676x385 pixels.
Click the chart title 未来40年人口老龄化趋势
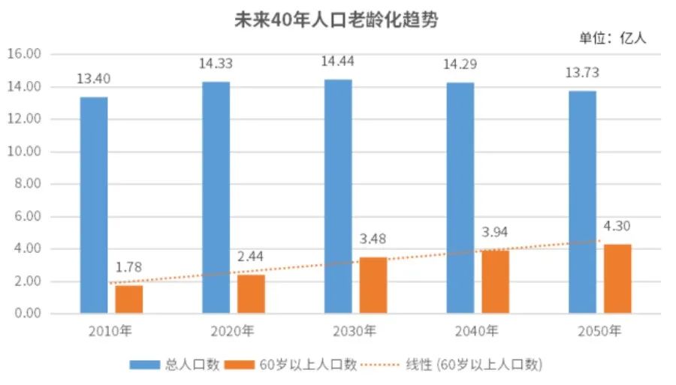pyautogui.click(x=336, y=20)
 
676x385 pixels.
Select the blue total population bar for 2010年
pyautogui.click(x=94, y=204)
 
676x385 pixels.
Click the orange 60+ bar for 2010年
pyautogui.click(x=128, y=299)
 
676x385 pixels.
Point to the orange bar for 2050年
pyautogui.click(x=617, y=278)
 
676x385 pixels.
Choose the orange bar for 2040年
pyautogui.click(x=496, y=281)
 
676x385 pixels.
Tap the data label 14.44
pyautogui.click(x=338, y=62)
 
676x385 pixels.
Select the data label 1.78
pyautogui.click(x=128, y=267)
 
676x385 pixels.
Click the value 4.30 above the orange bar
pyautogui.click(x=617, y=226)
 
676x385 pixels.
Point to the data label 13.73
pyautogui.click(x=582, y=73)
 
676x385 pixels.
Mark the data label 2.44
pyautogui.click(x=251, y=257)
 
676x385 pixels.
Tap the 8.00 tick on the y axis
pyautogui.click(x=26, y=184)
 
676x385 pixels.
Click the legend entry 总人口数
pyautogui.click(x=174, y=365)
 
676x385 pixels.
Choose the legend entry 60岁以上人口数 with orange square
pyautogui.click(x=298, y=365)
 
